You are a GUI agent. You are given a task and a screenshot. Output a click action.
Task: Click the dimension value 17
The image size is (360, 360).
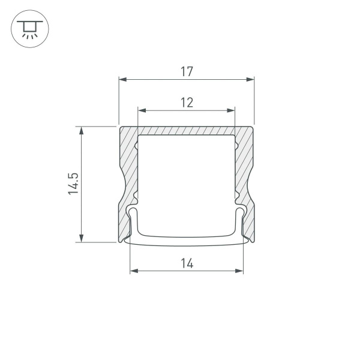tap(186, 71)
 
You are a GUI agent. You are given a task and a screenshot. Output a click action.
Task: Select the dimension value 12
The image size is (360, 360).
tap(186, 103)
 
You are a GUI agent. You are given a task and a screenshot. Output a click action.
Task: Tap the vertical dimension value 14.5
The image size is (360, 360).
tap(73, 184)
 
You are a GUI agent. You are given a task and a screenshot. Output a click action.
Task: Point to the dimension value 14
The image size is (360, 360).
tap(186, 262)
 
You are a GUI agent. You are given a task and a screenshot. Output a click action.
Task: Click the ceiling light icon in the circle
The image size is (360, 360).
tap(27, 28)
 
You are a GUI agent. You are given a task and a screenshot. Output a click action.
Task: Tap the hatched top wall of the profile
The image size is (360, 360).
tap(186, 130)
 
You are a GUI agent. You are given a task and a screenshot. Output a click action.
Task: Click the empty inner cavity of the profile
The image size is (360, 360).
tap(186, 180)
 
